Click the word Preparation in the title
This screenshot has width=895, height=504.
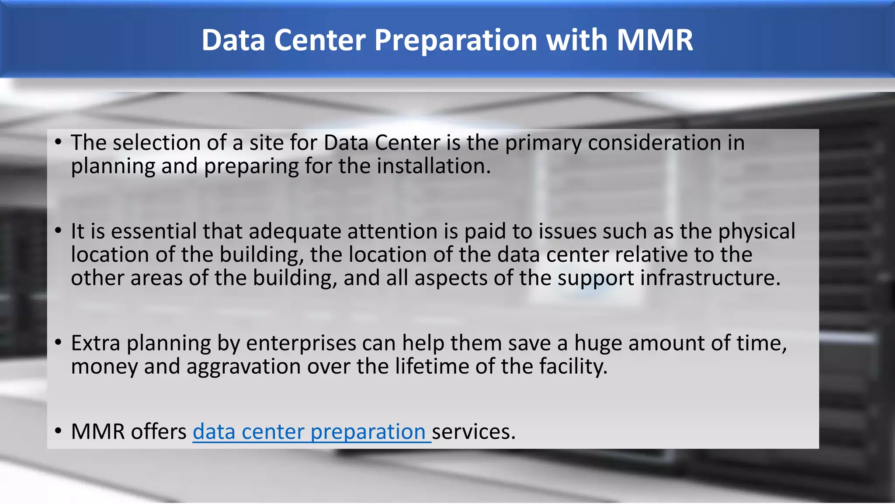point(456,40)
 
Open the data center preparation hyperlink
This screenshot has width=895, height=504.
point(309,432)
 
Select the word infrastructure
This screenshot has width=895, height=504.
point(710,278)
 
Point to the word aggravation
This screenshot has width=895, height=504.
point(243,367)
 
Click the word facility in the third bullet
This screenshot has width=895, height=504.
point(573,367)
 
